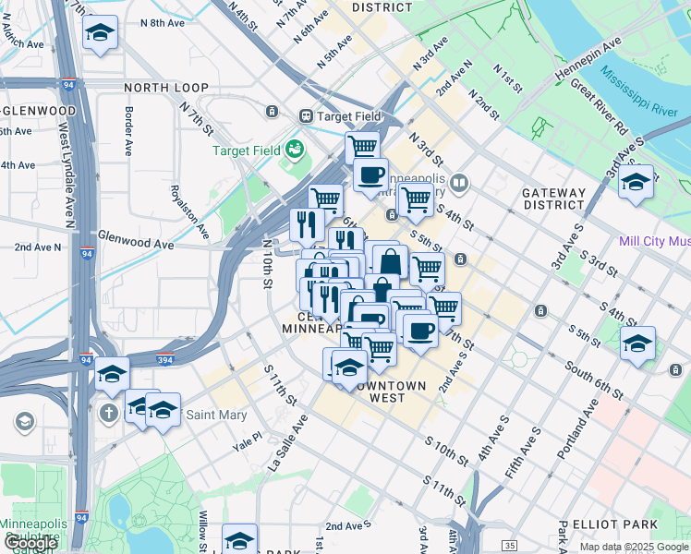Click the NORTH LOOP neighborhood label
pyautogui.click(x=165, y=88)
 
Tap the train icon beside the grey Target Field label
pyautogui.click(x=306, y=116)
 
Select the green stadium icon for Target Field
pyautogui.click(x=295, y=149)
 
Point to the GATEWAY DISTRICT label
pyautogui.click(x=554, y=199)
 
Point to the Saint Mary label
pyautogui.click(x=216, y=415)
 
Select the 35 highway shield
pyautogui.click(x=507, y=546)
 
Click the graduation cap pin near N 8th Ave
pyautogui.click(x=100, y=34)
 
